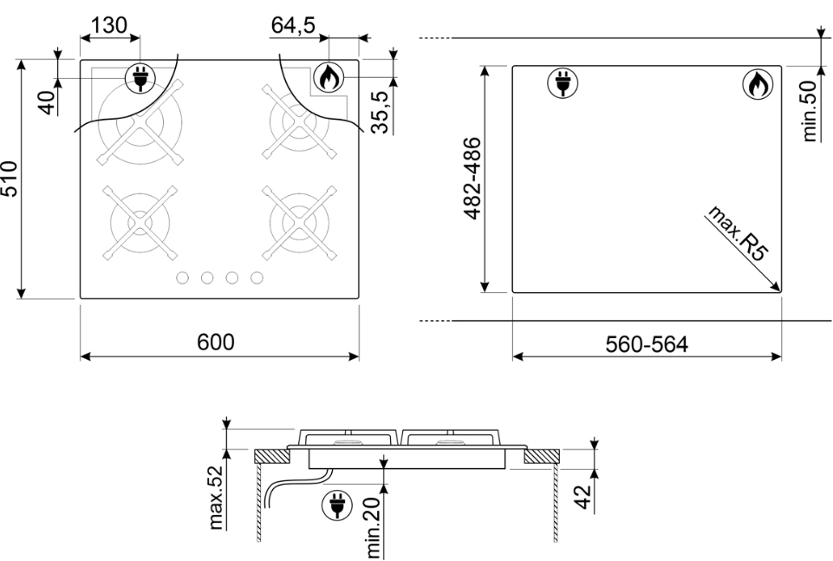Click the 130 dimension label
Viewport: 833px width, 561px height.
click(x=109, y=25)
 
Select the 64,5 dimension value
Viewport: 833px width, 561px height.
click(x=293, y=25)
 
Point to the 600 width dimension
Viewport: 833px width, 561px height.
click(x=216, y=342)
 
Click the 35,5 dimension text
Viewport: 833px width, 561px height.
click(x=381, y=111)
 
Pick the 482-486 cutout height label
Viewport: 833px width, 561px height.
click(x=472, y=179)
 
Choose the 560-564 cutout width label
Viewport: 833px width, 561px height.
click(x=647, y=344)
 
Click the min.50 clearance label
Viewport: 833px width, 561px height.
click(x=809, y=111)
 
